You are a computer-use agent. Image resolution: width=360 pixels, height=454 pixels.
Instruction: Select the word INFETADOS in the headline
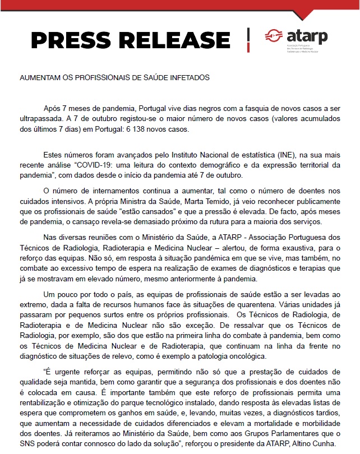(187, 77)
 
